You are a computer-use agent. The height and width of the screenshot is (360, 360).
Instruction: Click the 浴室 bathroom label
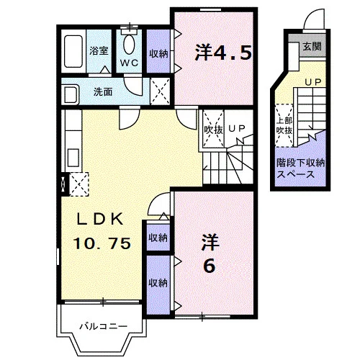(x=99, y=50)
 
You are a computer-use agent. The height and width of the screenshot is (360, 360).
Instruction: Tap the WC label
(x=129, y=63)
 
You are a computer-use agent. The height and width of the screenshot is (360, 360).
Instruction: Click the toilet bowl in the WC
(x=129, y=45)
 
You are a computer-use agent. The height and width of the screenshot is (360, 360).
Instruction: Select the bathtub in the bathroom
(x=73, y=51)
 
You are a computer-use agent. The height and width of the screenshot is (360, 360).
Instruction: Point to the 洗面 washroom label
(x=103, y=91)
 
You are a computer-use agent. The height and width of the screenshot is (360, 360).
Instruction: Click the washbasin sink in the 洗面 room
(x=70, y=94)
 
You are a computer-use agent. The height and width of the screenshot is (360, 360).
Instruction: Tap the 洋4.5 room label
(x=223, y=53)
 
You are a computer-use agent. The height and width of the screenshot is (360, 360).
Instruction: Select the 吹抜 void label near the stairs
(x=213, y=130)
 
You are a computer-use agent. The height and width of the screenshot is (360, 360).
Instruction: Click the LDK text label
(x=100, y=219)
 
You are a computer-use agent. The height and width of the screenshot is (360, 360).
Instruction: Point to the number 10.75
(x=102, y=243)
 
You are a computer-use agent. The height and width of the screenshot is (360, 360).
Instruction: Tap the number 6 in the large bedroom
(x=210, y=266)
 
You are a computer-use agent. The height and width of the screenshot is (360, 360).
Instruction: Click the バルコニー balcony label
(x=104, y=326)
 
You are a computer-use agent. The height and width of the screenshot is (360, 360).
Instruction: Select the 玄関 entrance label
(x=312, y=46)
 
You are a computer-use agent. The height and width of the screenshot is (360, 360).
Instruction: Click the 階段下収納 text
(x=300, y=163)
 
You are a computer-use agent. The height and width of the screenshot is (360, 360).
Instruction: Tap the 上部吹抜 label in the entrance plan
(x=284, y=126)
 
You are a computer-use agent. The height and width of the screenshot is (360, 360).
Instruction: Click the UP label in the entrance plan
(x=312, y=82)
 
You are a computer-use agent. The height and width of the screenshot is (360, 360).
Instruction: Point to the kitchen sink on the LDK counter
(x=73, y=157)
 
